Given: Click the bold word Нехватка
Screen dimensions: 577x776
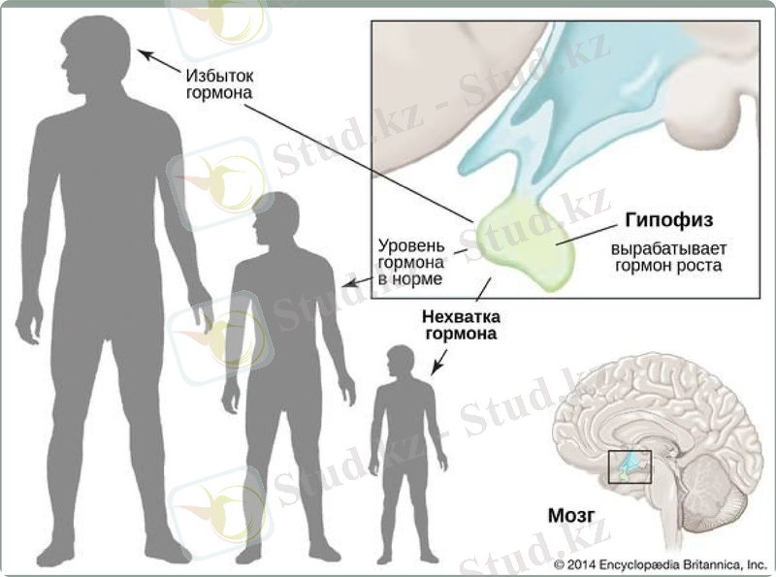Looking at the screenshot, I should coord(460,316).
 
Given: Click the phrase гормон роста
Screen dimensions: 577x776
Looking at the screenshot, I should coord(668,265).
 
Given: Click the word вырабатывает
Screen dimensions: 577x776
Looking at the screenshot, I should coord(668,247).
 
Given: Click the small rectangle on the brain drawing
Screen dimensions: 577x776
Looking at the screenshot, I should coord(628,467).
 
